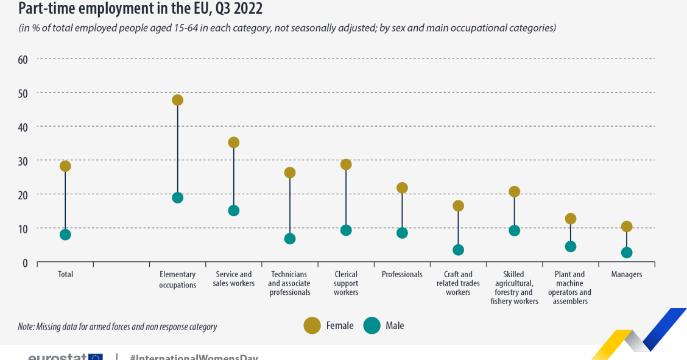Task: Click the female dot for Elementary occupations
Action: click(177, 100)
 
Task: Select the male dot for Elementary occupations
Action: click(177, 197)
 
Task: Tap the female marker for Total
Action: click(65, 166)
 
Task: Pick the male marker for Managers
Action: click(627, 253)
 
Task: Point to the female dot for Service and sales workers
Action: click(234, 143)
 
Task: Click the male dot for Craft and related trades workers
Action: click(459, 250)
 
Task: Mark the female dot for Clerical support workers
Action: click(346, 164)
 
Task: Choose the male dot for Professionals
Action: click(402, 233)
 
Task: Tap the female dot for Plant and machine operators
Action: click(571, 219)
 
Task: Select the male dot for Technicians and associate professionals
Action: click(290, 239)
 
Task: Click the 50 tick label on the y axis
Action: click(23, 93)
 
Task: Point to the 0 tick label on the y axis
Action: click(25, 263)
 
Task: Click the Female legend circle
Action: click(312, 326)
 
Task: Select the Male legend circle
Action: click(372, 326)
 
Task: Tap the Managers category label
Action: click(627, 275)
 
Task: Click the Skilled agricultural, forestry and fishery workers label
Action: click(514, 288)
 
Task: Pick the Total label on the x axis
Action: click(65, 275)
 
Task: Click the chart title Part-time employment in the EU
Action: click(141, 9)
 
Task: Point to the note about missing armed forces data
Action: click(118, 326)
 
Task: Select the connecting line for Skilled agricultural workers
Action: click(515, 211)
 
